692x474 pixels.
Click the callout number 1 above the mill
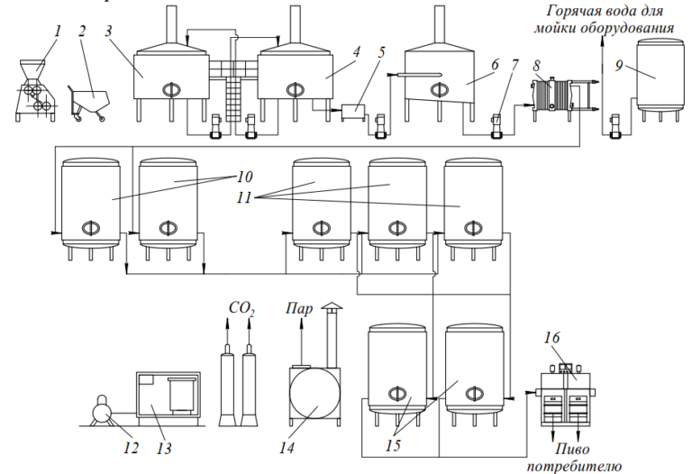pyautogui.click(x=59, y=32)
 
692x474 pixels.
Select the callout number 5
pyautogui.click(x=381, y=52)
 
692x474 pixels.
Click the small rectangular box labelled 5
pyautogui.click(x=354, y=112)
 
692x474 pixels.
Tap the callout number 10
pyautogui.click(x=245, y=177)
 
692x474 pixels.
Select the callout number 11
pyautogui.click(x=243, y=197)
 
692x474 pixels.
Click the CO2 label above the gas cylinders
pyautogui.click(x=241, y=309)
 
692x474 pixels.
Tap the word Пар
pyautogui.click(x=299, y=308)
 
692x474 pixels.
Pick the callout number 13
pyautogui.click(x=164, y=449)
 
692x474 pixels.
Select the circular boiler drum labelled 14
pyautogui.click(x=314, y=394)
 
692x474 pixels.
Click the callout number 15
pyautogui.click(x=392, y=445)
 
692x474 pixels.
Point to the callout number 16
pyautogui.click(x=551, y=338)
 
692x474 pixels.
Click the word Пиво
pyautogui.click(x=572, y=450)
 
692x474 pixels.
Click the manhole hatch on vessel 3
pyautogui.click(x=171, y=89)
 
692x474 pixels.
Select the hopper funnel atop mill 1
pyautogui.click(x=34, y=69)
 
